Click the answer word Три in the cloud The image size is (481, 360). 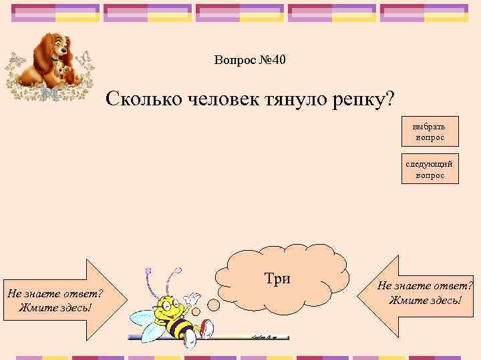pyautogui.click(x=277, y=278)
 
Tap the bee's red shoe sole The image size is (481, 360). pyautogui.click(x=208, y=327)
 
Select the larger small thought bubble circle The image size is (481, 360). pyautogui.click(x=214, y=304)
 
